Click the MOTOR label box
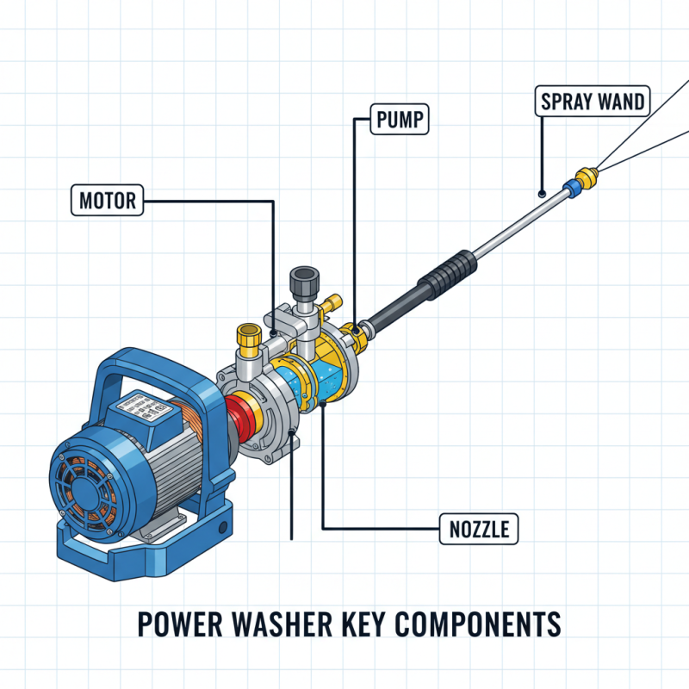coord(108,202)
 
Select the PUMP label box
coord(399,121)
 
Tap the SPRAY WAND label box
coord(593,101)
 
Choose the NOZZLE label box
coord(480,528)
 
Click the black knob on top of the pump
coord(306,281)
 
